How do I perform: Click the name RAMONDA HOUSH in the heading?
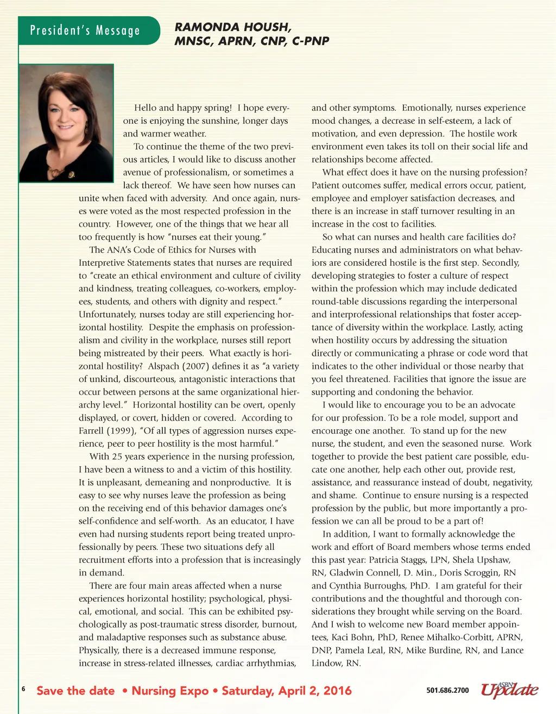click(232, 27)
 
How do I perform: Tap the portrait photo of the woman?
click(66, 123)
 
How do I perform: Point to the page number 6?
click(23, 689)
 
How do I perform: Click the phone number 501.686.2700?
click(447, 690)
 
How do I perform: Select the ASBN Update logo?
click(509, 689)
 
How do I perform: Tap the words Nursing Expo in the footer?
click(170, 691)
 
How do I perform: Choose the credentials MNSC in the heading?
click(194, 41)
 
